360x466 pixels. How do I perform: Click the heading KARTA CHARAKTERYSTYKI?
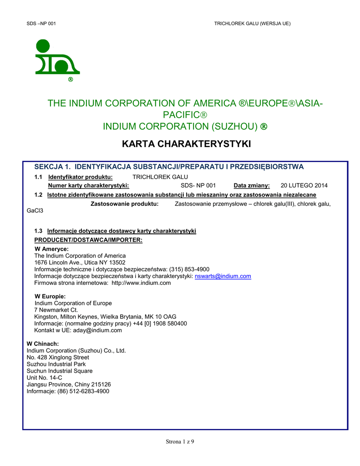[x=187, y=144]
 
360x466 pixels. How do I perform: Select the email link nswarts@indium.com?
[x=223, y=276]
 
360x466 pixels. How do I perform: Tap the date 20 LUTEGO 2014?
[x=304, y=186]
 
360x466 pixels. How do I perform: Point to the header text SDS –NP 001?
[x=41, y=23]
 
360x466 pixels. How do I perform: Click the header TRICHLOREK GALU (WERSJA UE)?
[x=252, y=23]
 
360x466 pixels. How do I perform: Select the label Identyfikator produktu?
[x=81, y=177]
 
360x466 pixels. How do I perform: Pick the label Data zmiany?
[x=252, y=186]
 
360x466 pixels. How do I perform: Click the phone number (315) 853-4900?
[x=189, y=269]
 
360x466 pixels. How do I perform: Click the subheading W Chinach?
[x=43, y=344]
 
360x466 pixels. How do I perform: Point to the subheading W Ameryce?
[x=51, y=249]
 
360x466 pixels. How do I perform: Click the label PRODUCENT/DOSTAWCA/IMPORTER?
[x=89, y=240]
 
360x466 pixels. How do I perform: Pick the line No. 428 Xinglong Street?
[x=58, y=357]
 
